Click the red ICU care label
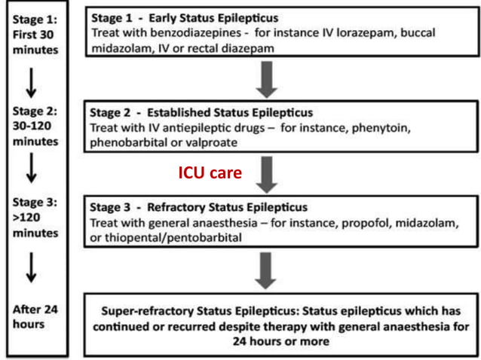coord(210,172)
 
